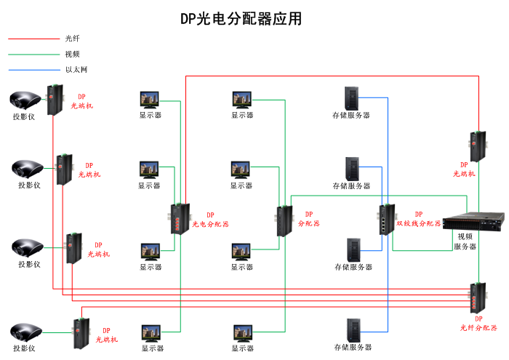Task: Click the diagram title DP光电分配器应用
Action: point(241,19)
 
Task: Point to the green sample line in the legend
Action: point(33,54)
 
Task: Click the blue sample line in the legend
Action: point(33,70)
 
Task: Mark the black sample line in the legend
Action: point(33,39)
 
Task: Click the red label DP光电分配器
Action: point(210,220)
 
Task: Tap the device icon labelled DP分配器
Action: point(283,221)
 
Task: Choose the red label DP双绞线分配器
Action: point(418,220)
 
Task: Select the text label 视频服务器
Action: point(465,241)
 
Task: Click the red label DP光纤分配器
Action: point(478,324)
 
